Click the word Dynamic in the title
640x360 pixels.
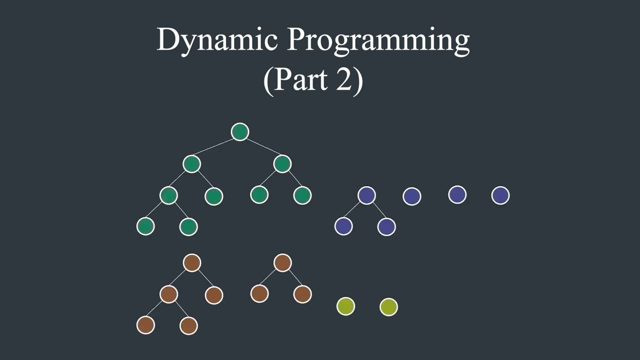(217, 40)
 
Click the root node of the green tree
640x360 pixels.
(240, 132)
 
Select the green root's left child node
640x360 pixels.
(191, 164)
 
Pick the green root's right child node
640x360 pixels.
(282, 164)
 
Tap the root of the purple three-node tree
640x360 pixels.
(366, 195)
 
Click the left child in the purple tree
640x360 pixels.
(343, 226)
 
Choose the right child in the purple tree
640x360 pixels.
(386, 226)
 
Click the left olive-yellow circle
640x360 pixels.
(346, 306)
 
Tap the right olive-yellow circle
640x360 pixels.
(388, 306)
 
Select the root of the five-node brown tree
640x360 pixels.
(192, 263)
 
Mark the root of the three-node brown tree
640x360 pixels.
(282, 263)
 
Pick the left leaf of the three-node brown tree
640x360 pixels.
(259, 294)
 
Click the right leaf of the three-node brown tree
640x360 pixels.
(302, 294)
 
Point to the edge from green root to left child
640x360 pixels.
(215, 148)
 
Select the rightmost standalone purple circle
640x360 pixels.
(500, 195)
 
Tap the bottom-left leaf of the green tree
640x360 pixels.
(145, 226)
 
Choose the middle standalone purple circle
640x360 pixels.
(457, 195)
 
